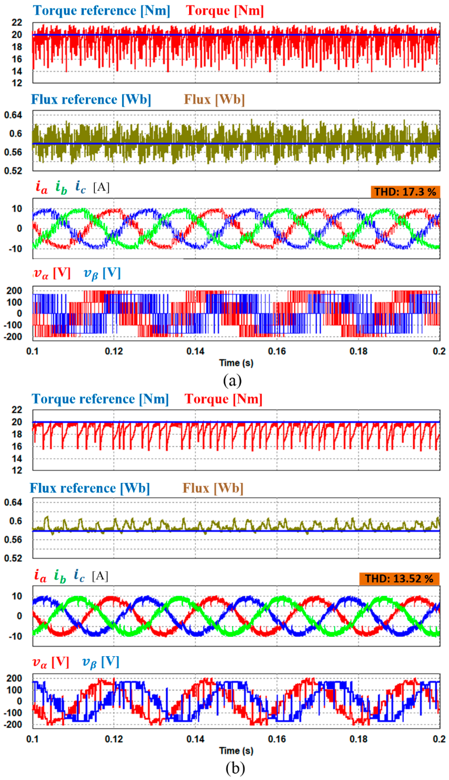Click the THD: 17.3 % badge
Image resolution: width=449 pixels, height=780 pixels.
point(405,192)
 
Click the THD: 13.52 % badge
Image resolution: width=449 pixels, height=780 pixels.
point(399,578)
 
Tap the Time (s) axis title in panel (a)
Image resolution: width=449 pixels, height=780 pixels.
point(236,363)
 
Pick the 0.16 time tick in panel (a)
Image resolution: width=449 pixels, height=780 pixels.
point(277,351)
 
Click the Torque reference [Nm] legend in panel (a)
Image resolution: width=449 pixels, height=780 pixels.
point(102,11)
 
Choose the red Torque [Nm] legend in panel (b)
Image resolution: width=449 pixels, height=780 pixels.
point(223,399)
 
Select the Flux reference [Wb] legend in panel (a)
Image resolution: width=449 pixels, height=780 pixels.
point(91,100)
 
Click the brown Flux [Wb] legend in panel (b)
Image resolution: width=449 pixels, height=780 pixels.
point(213,488)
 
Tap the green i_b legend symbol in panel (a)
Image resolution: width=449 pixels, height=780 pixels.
point(61,187)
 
